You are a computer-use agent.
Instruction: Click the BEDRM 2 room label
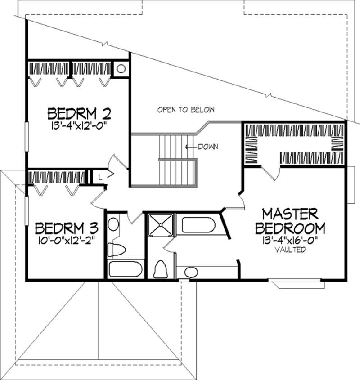pyautogui.click(x=80, y=112)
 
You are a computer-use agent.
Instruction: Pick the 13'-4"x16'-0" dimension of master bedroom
pyautogui.click(x=291, y=240)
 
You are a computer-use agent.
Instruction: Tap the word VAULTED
pyautogui.click(x=291, y=250)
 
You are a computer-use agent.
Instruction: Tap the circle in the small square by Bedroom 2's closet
pyautogui.click(x=121, y=69)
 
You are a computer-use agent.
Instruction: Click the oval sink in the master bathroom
pyautogui.click(x=191, y=272)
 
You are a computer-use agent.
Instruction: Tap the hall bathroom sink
pyautogui.click(x=113, y=224)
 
